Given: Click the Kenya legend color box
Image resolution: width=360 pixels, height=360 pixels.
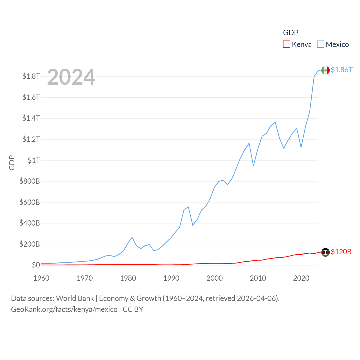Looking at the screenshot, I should (x=286, y=44).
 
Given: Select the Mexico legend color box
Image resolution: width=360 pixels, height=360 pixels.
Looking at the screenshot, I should (x=321, y=44).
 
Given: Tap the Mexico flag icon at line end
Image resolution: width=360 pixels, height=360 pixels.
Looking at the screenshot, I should (x=325, y=70).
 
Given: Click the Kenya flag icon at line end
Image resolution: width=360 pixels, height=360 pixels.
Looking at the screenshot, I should (x=325, y=252).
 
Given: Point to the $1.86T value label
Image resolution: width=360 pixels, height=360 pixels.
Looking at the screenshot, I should (x=341, y=70).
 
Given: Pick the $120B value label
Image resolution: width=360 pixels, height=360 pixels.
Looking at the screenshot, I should (x=341, y=252).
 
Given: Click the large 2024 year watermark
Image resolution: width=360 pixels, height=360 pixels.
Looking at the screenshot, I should (x=71, y=77).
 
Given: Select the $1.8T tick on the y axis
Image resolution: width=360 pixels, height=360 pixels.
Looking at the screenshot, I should (x=31, y=76).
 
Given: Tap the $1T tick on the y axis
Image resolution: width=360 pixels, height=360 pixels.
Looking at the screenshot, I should (x=34, y=160).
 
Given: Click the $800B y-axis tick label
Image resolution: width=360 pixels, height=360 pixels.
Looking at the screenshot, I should (x=30, y=181).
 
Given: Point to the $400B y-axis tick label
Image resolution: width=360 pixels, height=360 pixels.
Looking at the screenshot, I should (x=30, y=223).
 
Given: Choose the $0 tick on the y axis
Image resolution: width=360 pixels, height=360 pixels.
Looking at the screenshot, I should (x=36, y=265).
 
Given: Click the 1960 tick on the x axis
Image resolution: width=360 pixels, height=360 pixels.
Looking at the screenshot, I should (x=41, y=278).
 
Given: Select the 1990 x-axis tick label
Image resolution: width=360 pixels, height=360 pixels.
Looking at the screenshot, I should (x=171, y=278).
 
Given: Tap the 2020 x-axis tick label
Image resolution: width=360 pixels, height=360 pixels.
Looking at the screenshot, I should (x=301, y=278).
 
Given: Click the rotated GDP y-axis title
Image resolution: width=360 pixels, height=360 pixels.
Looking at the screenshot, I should (x=12, y=163).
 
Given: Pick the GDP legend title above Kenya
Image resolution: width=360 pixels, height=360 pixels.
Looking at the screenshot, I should (x=291, y=33).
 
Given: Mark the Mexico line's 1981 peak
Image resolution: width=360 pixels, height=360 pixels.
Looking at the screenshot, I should (x=132, y=237).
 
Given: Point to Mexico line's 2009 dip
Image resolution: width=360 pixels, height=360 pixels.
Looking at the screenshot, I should (x=253, y=166).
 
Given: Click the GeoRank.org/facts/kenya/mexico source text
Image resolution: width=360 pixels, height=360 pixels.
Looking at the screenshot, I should (x=64, y=309).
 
